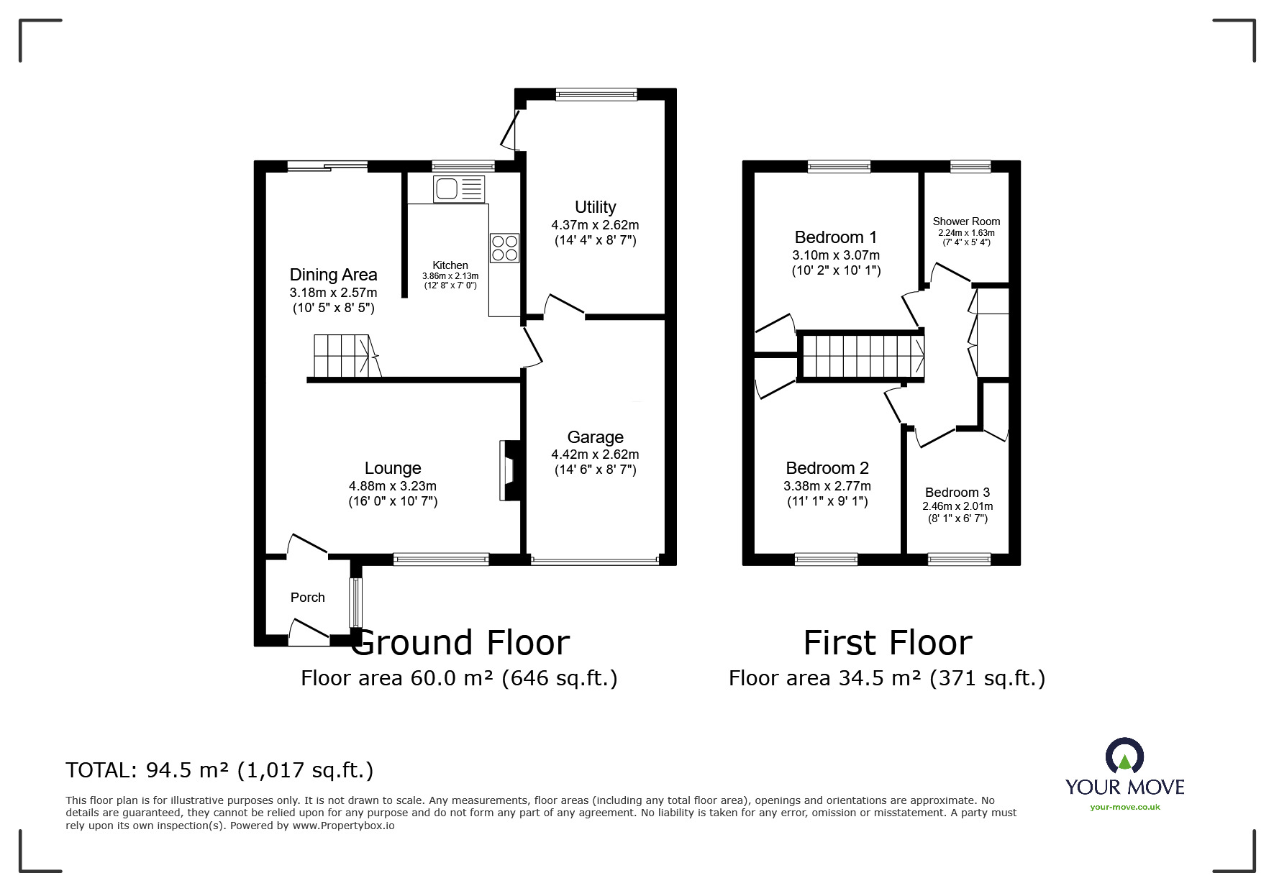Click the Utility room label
click(x=595, y=207)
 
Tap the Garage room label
click(x=595, y=437)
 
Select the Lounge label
click(x=393, y=468)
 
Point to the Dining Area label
click(x=333, y=275)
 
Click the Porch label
click(x=308, y=598)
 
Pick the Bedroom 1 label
click(x=836, y=237)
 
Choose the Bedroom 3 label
click(x=957, y=493)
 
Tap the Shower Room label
click(x=966, y=221)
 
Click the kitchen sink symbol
click(x=459, y=189)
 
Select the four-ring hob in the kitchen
click(x=504, y=248)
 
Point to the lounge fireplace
click(x=508, y=470)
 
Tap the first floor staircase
click(x=861, y=356)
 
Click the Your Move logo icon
click(x=1124, y=757)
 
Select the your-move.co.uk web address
click(x=1125, y=807)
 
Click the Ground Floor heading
click(x=460, y=642)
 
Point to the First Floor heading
click(x=888, y=642)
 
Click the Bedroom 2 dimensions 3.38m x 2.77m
click(x=827, y=486)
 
